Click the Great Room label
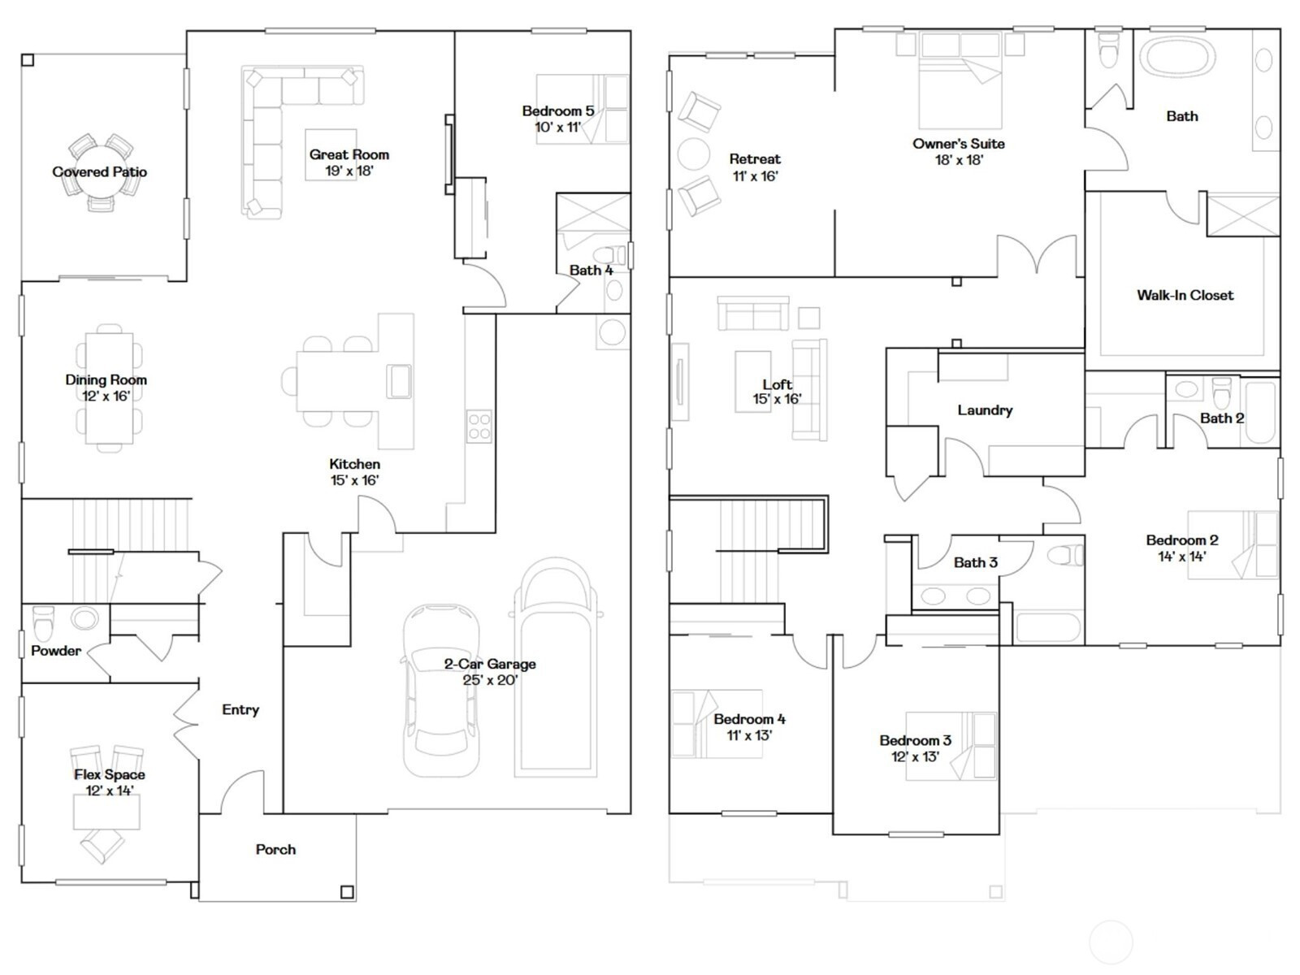tap(349, 154)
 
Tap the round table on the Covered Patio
tap(99, 171)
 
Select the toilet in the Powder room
tap(42, 621)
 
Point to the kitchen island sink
tap(399, 381)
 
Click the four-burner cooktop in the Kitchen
tap(479, 427)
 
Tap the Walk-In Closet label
tap(1185, 295)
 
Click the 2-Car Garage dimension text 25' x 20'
tap(491, 680)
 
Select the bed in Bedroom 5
tap(583, 109)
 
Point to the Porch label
tap(275, 850)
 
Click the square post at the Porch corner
tap(347, 891)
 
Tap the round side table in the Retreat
tap(694, 154)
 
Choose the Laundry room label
tap(985, 409)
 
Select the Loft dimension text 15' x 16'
tap(777, 399)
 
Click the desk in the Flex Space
tap(106, 812)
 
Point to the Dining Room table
tap(109, 388)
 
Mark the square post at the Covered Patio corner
tap(28, 60)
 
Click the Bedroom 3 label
tap(915, 740)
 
